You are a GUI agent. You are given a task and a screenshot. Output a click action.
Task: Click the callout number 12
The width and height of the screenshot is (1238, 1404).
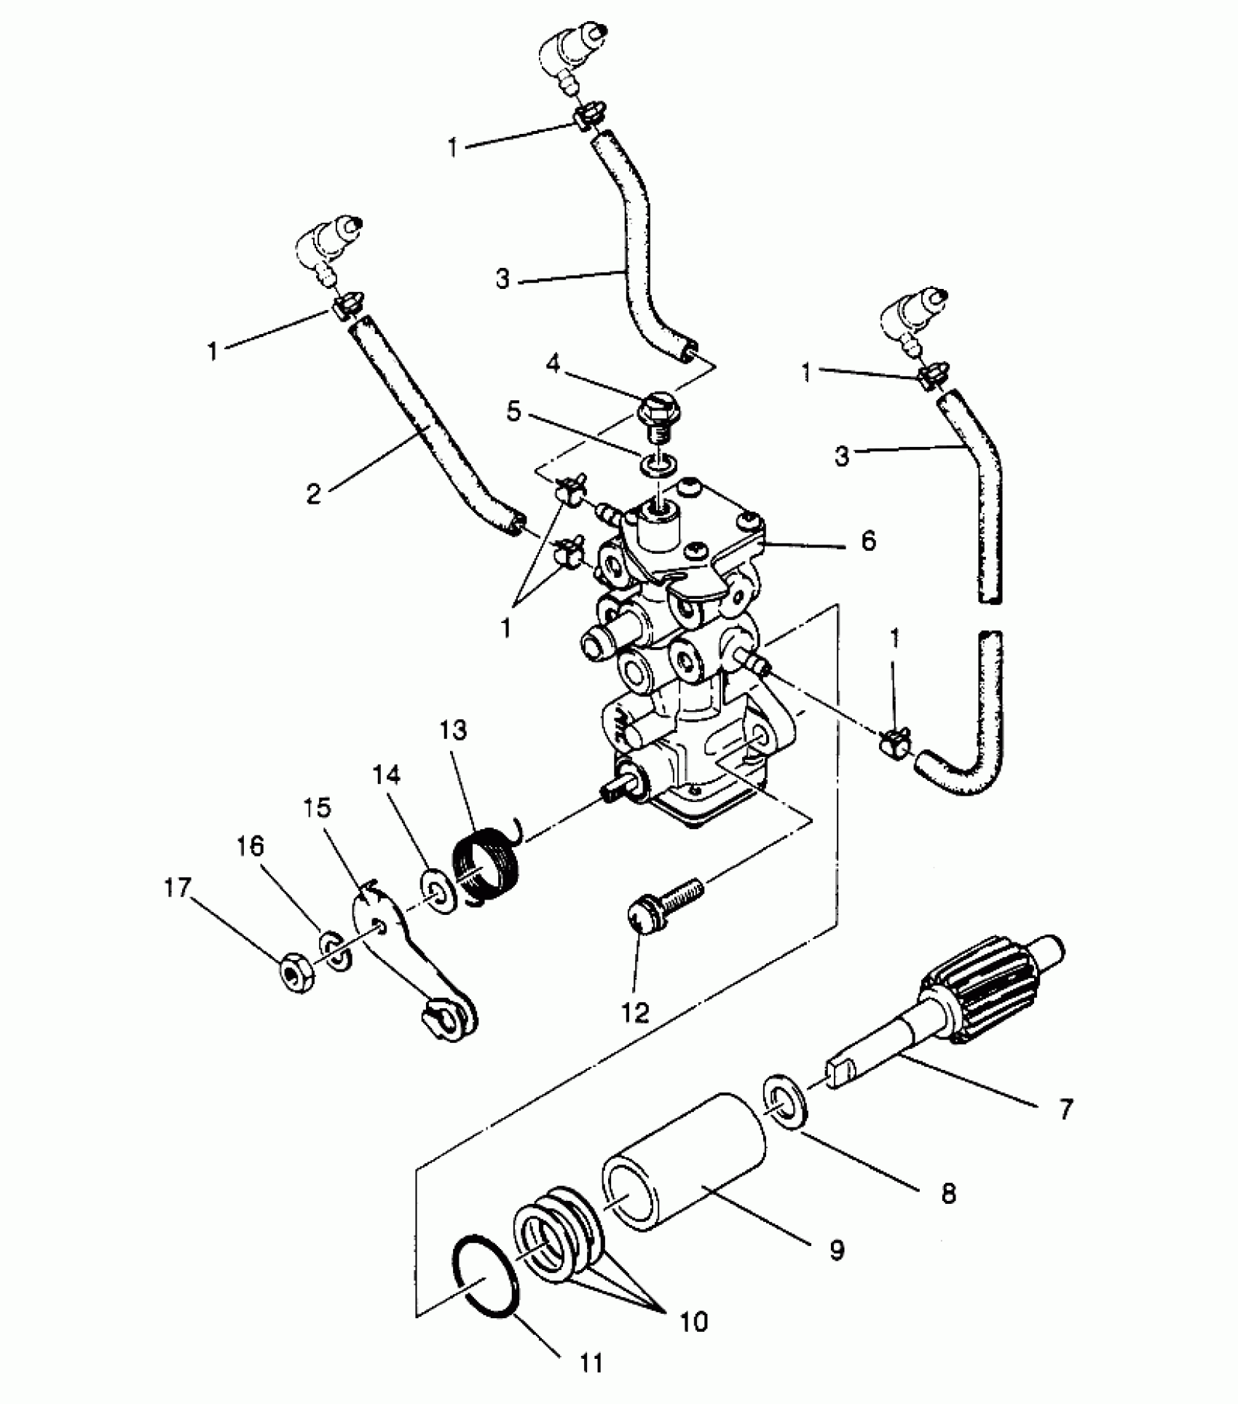(635, 1013)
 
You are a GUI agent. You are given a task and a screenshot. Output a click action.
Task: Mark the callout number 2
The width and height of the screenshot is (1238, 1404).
(313, 494)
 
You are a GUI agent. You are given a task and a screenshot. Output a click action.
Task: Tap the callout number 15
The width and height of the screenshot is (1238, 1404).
(318, 807)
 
